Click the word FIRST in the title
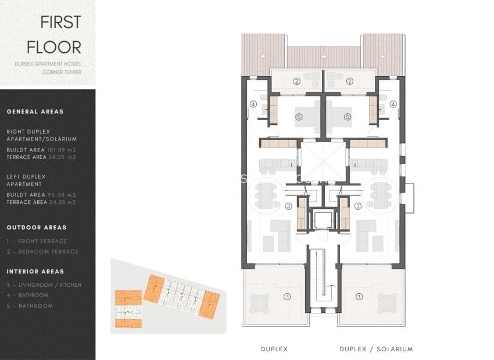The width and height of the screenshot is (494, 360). click(x=60, y=22)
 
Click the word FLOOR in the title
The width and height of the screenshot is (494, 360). click(x=60, y=46)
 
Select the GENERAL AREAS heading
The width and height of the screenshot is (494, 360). click(x=35, y=111)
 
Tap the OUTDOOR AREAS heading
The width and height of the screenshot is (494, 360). click(x=37, y=228)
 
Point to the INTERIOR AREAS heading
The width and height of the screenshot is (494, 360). click(x=35, y=271)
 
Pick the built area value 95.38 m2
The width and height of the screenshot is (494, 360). click(x=66, y=195)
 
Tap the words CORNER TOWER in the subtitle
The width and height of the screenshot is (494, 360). click(x=62, y=72)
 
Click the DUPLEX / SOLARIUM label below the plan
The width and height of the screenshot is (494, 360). click(x=376, y=349)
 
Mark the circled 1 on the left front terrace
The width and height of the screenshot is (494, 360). click(x=287, y=296)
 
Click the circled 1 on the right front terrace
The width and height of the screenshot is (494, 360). click(x=359, y=296)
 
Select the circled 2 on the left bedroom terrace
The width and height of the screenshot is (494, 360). click(x=296, y=81)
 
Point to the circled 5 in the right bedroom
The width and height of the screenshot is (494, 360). click(x=348, y=117)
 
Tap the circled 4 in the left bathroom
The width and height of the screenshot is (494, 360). click(x=253, y=105)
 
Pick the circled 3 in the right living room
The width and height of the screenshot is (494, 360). click(x=358, y=206)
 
